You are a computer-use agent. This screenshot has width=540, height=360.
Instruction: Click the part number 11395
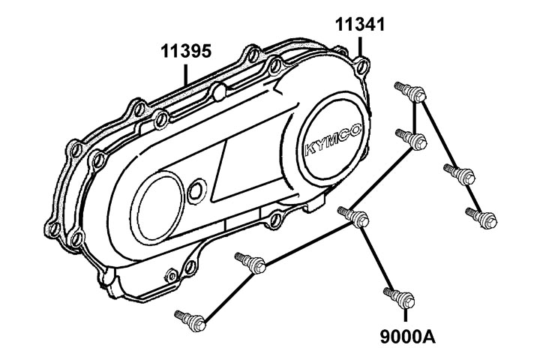[x=185, y=52]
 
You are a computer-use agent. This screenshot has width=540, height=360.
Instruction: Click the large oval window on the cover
[x=158, y=196]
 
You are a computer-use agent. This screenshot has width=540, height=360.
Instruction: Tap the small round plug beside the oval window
[x=196, y=189]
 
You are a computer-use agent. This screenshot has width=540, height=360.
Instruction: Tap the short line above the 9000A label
[x=406, y=313]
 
